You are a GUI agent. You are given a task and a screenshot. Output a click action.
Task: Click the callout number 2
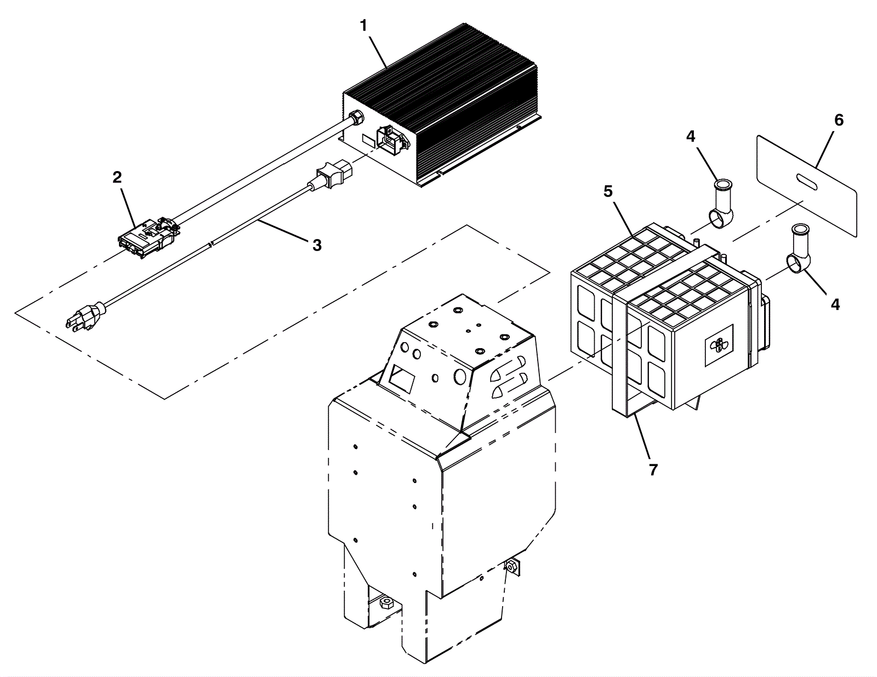(117, 177)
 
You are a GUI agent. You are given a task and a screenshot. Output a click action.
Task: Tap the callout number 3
(317, 245)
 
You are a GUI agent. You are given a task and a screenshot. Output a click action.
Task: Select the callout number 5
(608, 191)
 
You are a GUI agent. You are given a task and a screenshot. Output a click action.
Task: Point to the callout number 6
(839, 120)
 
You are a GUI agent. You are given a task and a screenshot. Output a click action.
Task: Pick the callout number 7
(652, 469)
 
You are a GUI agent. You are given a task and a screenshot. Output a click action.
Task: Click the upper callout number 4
(691, 136)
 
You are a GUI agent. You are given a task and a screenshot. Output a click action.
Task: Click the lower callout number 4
(835, 304)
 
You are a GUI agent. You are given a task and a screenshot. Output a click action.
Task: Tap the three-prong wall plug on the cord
(85, 317)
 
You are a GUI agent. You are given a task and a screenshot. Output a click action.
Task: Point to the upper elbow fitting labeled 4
(721, 203)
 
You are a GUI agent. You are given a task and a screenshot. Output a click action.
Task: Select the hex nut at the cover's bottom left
(385, 604)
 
